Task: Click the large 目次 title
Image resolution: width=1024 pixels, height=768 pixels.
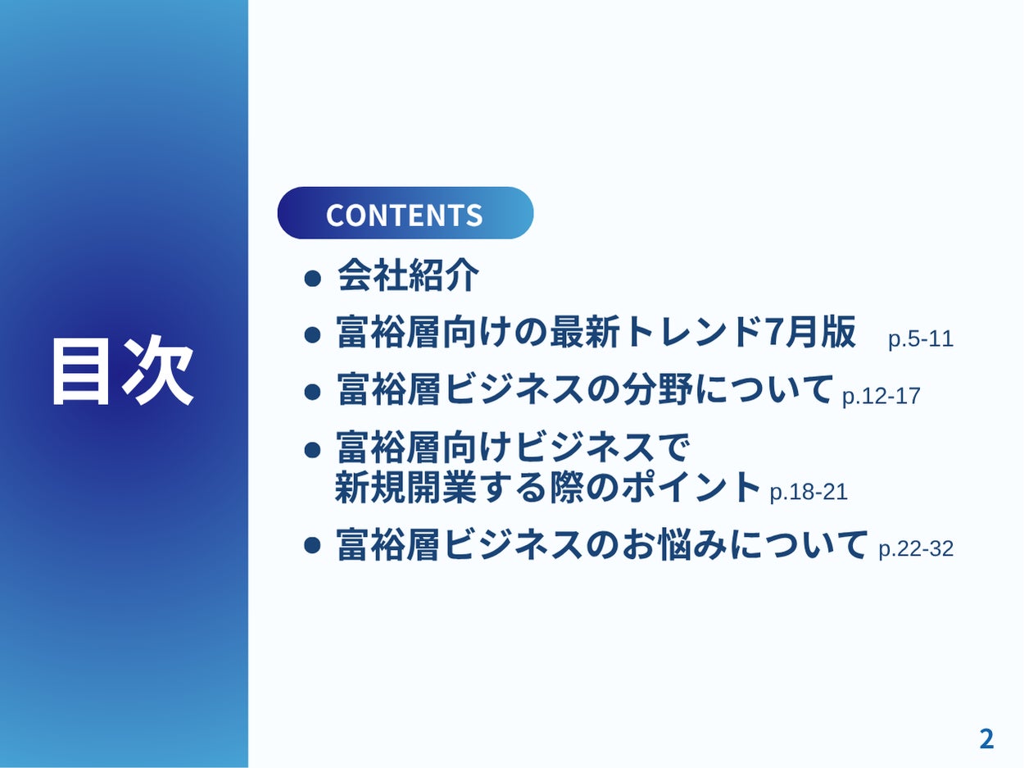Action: pyautogui.click(x=122, y=370)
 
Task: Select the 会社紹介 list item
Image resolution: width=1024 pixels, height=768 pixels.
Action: pyautogui.click(x=408, y=275)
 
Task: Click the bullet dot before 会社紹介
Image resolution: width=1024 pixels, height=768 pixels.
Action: pyautogui.click(x=312, y=279)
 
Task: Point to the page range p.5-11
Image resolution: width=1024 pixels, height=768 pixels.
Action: pyautogui.click(x=921, y=339)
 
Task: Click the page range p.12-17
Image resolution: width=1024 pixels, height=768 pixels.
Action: pyautogui.click(x=881, y=396)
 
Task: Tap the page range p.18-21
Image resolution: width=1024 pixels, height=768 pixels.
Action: pyautogui.click(x=809, y=492)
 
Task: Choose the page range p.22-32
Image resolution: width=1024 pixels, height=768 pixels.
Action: pyautogui.click(x=916, y=548)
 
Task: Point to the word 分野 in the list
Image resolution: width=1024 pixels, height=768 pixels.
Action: pyautogui.click(x=657, y=389)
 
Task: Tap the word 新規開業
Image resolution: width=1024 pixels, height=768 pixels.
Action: pyautogui.click(x=406, y=487)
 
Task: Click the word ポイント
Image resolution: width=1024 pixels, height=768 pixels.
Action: pyautogui.click(x=690, y=487)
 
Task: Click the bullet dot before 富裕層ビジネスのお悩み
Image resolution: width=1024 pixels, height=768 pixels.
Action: pyautogui.click(x=312, y=545)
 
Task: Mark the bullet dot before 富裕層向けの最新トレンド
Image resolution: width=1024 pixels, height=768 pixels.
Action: pyautogui.click(x=312, y=334)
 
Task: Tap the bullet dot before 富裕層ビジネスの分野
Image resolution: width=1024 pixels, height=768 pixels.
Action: pyautogui.click(x=312, y=392)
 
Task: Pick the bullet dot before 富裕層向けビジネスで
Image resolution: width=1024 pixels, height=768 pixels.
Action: pyautogui.click(x=312, y=450)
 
